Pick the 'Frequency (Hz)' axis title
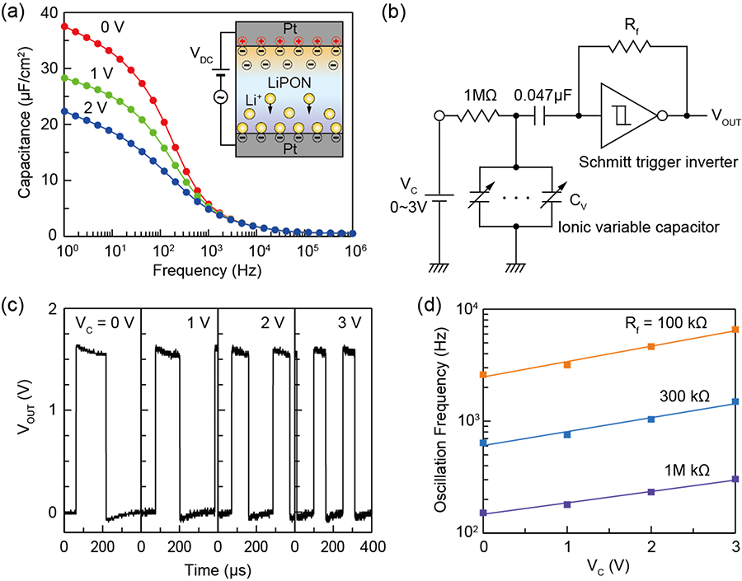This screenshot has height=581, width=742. (x=200, y=271)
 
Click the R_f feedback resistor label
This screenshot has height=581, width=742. (x=632, y=33)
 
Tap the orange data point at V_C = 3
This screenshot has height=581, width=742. (x=735, y=330)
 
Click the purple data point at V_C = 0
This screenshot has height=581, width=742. (x=484, y=513)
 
